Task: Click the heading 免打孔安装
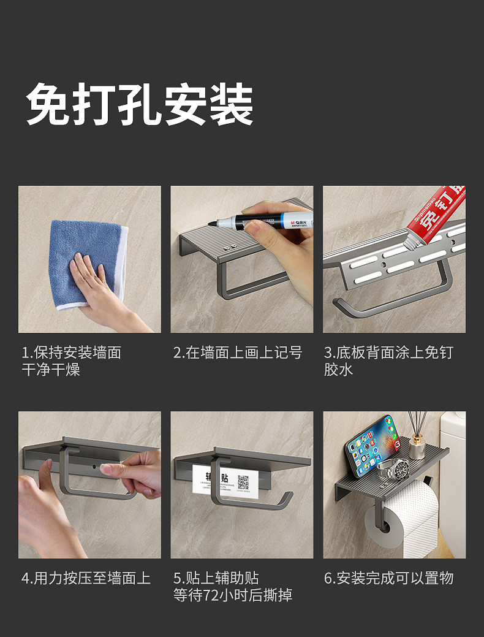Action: point(140,104)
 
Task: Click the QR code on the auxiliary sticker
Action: point(243,482)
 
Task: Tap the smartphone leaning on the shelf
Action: point(372,445)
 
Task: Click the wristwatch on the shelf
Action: point(393,469)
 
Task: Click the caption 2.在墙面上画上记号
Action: point(238,353)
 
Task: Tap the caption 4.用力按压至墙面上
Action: point(86,578)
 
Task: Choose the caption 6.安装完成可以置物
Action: point(388,578)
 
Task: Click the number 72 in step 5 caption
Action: point(211,595)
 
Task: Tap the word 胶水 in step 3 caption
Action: point(338,370)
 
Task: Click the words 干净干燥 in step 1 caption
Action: point(51,370)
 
